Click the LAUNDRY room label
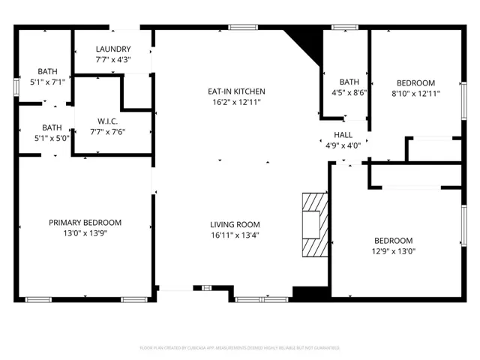(x=113, y=49)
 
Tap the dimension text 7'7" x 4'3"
(x=113, y=59)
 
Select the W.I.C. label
(x=108, y=121)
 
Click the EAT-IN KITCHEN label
(x=236, y=91)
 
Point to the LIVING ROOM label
(x=235, y=224)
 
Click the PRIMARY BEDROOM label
(x=85, y=223)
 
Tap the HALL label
(x=343, y=135)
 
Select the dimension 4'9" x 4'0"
(x=343, y=145)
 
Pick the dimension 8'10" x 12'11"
(x=415, y=94)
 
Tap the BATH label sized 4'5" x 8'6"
(x=349, y=82)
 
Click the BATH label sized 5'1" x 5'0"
(x=52, y=127)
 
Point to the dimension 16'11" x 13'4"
(x=235, y=235)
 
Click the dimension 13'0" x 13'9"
(x=85, y=233)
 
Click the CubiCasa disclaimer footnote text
(x=240, y=348)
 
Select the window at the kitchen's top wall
(x=239, y=28)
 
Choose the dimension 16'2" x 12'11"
(x=236, y=102)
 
